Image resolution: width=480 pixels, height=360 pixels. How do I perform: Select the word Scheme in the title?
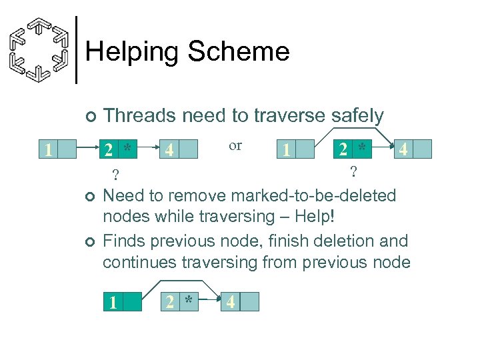[x=239, y=51]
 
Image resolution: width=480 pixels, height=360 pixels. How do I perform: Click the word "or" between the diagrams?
[x=235, y=145]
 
